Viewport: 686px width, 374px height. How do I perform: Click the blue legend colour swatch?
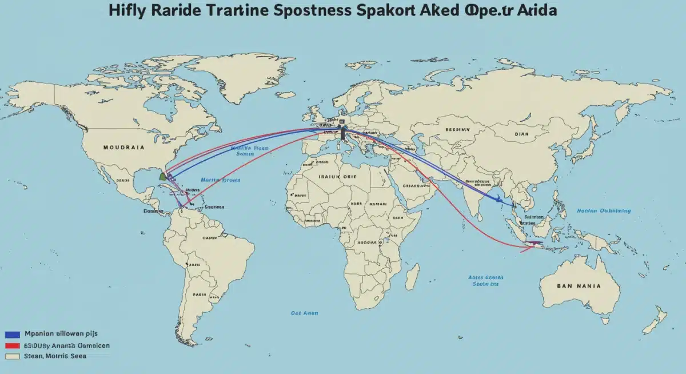tap(13, 335)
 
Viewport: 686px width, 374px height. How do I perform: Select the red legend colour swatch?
tap(13, 346)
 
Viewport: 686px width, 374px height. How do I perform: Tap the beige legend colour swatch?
tap(13, 356)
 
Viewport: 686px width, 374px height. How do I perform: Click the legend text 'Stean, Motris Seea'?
tap(55, 356)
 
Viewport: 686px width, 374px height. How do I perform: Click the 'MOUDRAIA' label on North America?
tap(123, 147)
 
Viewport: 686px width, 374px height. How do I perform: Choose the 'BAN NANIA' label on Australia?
tap(579, 285)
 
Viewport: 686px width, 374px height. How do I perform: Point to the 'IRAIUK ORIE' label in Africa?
tap(337, 177)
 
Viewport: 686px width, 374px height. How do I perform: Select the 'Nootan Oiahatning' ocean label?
tap(604, 210)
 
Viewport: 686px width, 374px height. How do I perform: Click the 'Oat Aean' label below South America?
tap(304, 313)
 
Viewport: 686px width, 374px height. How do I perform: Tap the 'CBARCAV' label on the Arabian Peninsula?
tap(414, 185)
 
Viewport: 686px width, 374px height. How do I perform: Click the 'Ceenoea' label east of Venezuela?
tap(214, 206)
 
